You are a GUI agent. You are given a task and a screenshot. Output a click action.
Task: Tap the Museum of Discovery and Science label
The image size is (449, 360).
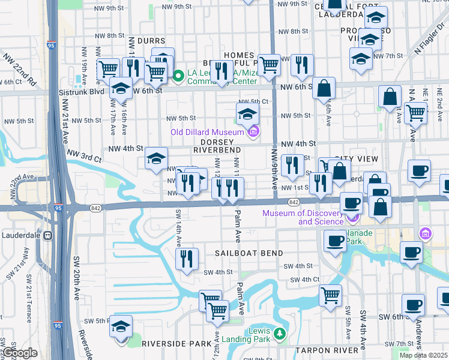(306, 217)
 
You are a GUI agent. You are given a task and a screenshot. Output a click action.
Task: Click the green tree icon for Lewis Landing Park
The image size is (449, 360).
(278, 332)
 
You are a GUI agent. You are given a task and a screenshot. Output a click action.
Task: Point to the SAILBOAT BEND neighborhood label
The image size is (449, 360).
(249, 253)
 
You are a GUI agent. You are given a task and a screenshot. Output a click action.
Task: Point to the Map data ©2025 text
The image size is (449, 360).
(423, 355)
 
